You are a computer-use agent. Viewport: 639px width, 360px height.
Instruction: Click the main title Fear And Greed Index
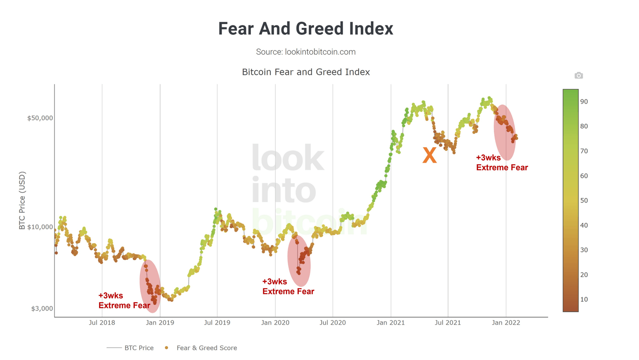(305, 29)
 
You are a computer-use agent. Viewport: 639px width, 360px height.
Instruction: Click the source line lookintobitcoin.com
(305, 52)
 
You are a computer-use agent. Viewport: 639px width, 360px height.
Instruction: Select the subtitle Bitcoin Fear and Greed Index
(305, 72)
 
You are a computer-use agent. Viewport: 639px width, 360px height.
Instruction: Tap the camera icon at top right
(578, 75)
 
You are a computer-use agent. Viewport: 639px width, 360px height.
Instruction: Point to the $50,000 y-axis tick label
(40, 118)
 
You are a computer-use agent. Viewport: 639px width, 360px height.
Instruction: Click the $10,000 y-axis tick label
(40, 227)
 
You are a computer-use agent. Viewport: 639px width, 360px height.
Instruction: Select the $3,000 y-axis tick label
(42, 308)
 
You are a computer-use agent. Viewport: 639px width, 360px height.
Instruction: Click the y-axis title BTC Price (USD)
(22, 200)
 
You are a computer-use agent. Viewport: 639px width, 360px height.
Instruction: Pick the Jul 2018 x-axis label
(102, 323)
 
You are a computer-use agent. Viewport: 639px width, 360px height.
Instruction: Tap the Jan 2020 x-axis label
(275, 323)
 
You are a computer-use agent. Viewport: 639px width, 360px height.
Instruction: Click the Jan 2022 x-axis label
(506, 323)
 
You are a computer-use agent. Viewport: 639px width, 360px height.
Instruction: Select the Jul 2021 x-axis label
(448, 323)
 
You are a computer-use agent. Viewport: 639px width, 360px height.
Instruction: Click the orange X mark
(429, 155)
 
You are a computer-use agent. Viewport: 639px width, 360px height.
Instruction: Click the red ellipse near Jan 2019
(150, 286)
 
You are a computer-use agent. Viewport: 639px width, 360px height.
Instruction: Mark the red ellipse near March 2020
(299, 261)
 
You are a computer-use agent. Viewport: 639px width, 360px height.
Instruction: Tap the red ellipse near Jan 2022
(505, 132)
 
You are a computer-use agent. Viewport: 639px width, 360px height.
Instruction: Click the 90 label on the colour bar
(584, 101)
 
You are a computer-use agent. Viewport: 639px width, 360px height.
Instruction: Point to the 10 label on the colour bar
(584, 299)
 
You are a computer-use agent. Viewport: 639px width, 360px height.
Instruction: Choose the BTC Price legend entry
(130, 348)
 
